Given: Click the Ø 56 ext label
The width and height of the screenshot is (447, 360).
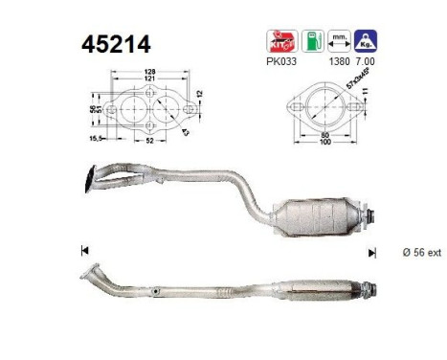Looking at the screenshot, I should tap(420, 252).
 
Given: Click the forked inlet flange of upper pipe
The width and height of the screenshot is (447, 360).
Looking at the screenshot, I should tap(93, 174).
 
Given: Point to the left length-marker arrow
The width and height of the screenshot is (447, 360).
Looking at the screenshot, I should tap(85, 252).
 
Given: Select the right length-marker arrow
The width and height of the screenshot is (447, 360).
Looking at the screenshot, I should tap(371, 252).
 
